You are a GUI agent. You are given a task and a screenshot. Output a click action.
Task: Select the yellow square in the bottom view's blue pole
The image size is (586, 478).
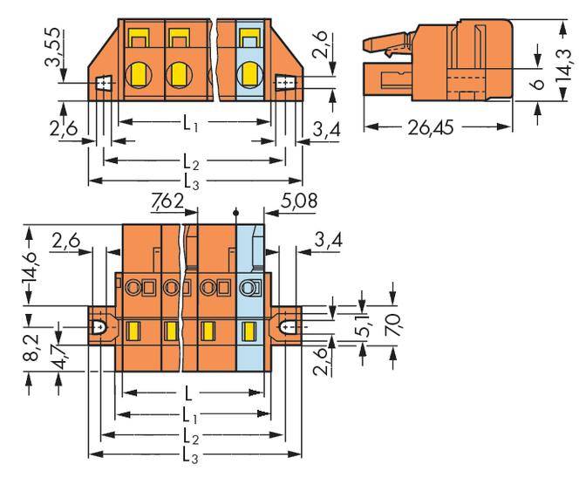pyautogui.click(x=249, y=330)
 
